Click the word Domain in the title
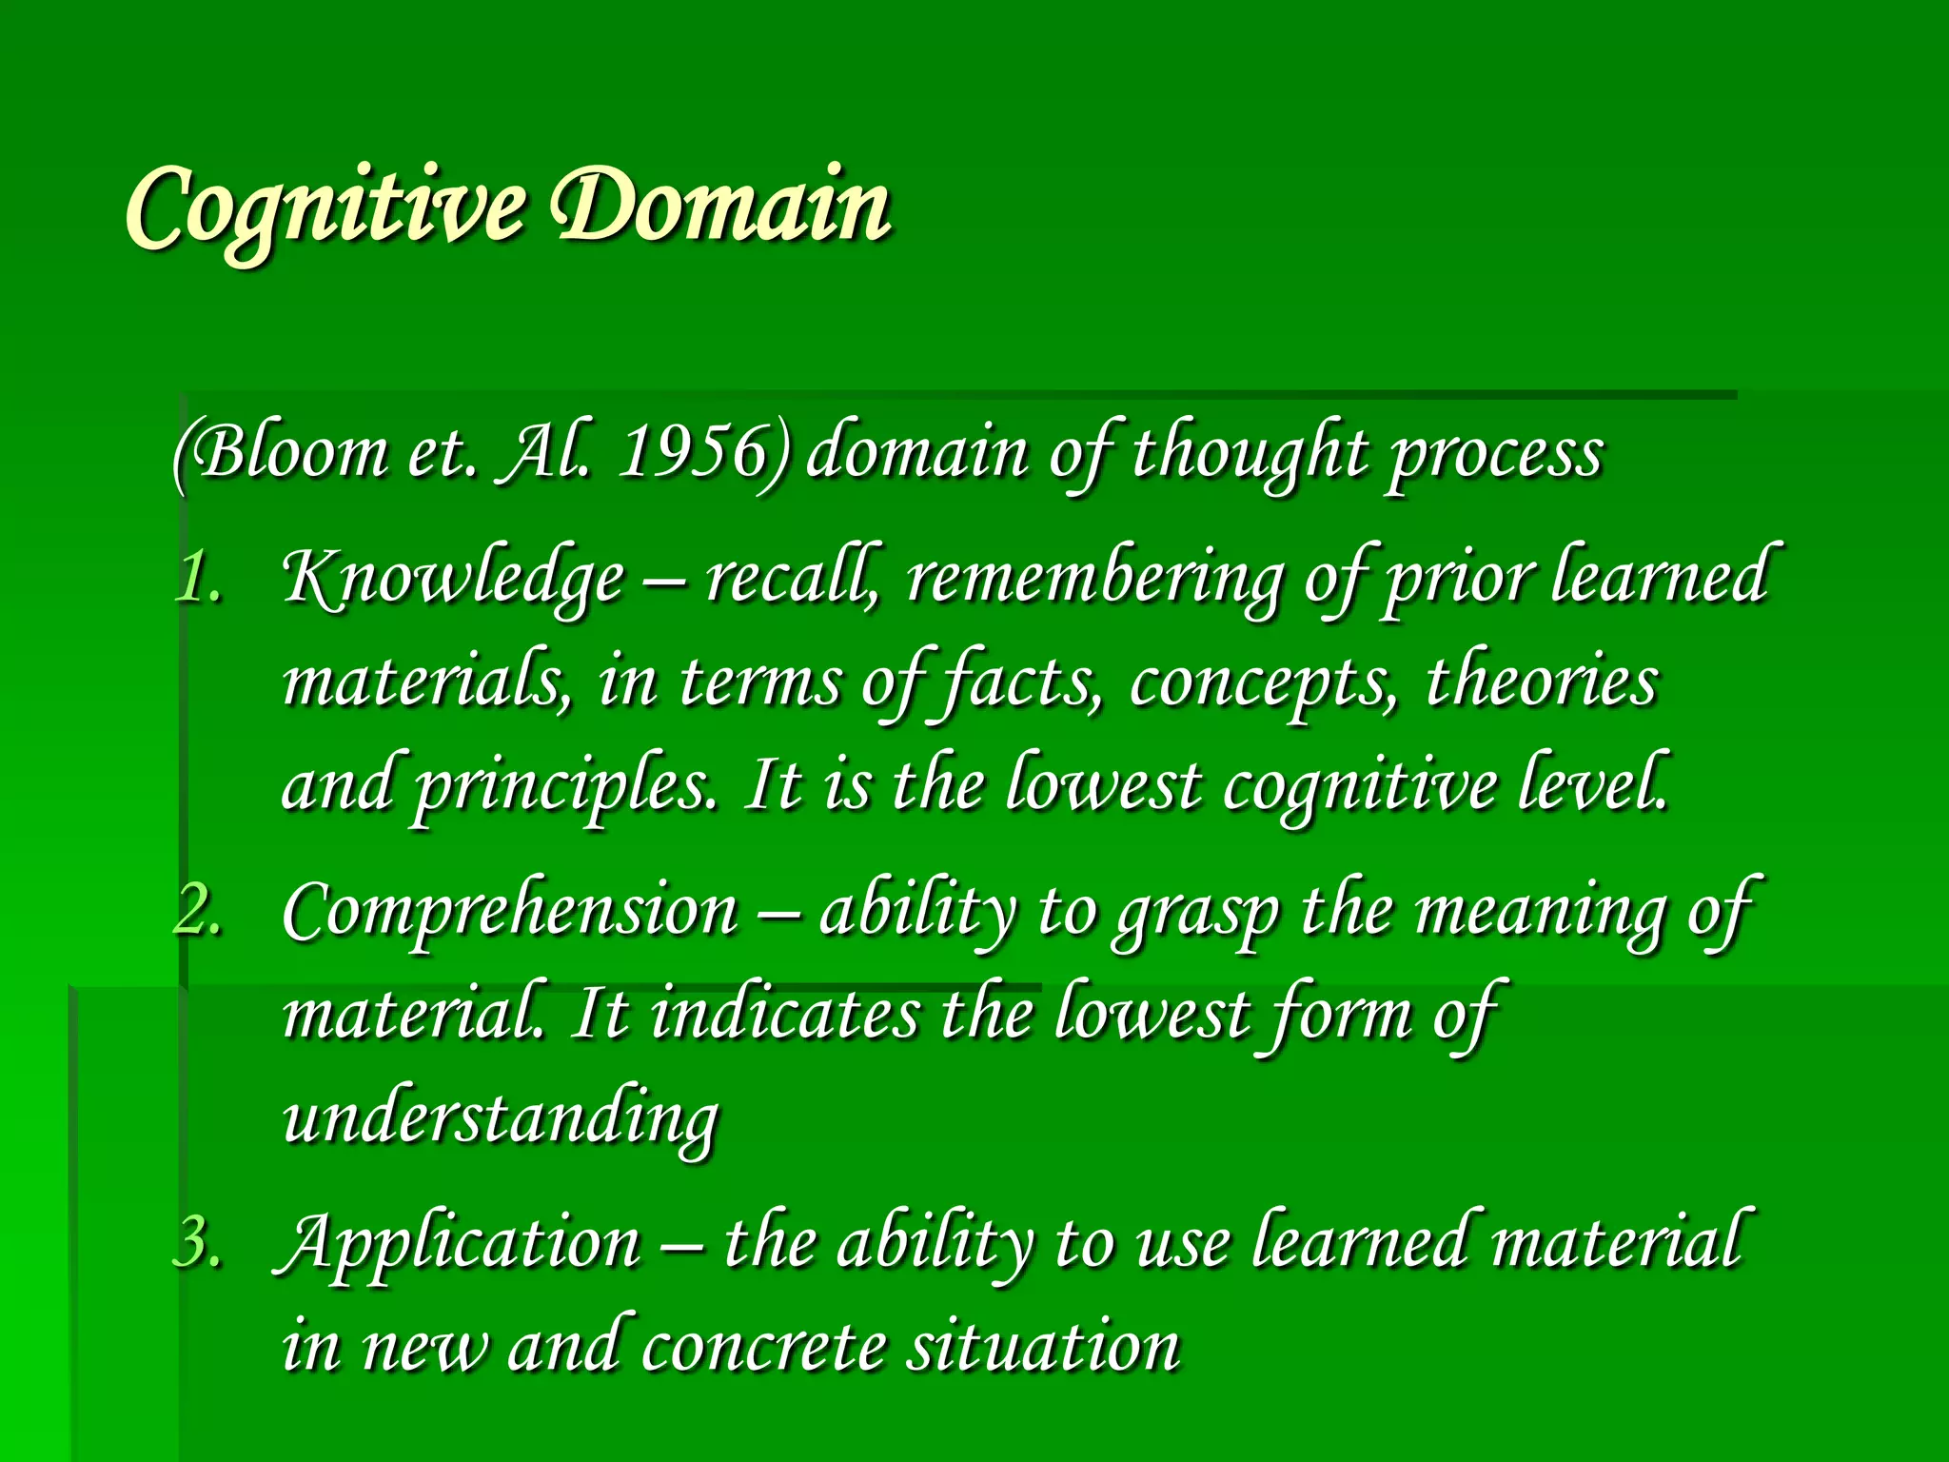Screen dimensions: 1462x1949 (723, 206)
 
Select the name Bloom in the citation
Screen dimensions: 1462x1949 (285, 452)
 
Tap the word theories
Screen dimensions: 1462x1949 (1542, 683)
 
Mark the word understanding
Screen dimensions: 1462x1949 (501, 1119)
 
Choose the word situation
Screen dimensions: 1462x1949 (1043, 1346)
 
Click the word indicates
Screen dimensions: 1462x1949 (786, 1015)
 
